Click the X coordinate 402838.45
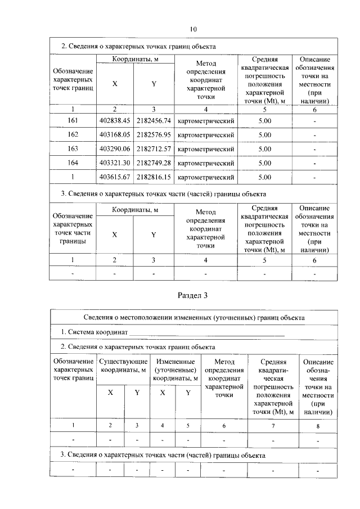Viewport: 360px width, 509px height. [x=114, y=120]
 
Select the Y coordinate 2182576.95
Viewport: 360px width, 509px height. [x=154, y=135]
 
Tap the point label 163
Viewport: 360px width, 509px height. [x=72, y=149]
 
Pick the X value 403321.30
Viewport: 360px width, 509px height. [x=114, y=163]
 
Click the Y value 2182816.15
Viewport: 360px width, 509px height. [x=154, y=177]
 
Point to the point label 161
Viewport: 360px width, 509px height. [x=72, y=120]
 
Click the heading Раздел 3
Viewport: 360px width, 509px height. [x=193, y=295]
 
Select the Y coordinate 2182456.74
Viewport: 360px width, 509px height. [x=154, y=120]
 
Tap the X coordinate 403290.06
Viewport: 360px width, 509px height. [x=114, y=149]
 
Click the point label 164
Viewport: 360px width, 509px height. [x=72, y=163]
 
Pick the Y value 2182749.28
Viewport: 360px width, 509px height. [x=154, y=163]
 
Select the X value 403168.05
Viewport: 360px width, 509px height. [x=114, y=135]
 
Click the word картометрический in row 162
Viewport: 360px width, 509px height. [x=205, y=135]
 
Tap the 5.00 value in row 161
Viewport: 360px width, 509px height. [x=264, y=120]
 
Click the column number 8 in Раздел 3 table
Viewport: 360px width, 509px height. [x=318, y=426]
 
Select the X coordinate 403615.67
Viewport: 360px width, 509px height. [x=114, y=177]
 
